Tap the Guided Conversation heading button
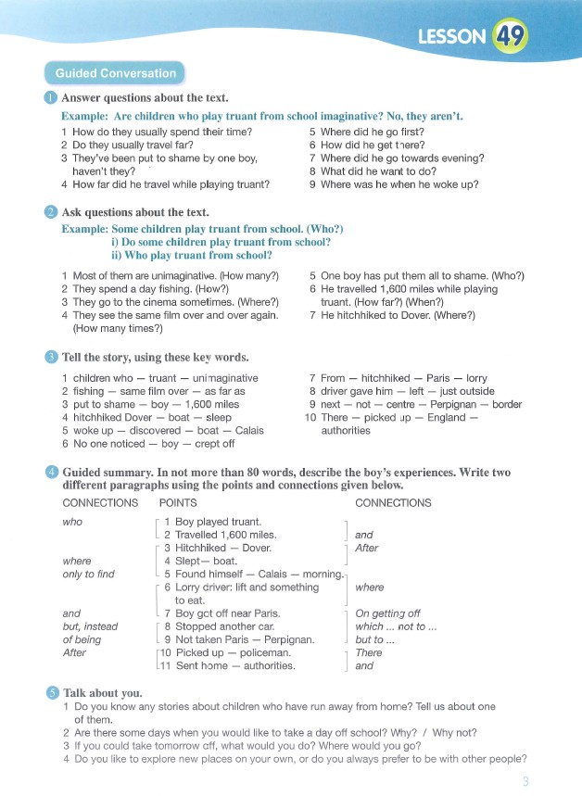click(x=116, y=73)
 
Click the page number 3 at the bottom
click(x=525, y=781)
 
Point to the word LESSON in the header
click(x=451, y=37)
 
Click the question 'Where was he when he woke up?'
click(x=399, y=184)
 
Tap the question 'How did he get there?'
click(x=371, y=145)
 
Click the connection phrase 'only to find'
click(x=88, y=574)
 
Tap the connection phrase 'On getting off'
click(x=387, y=613)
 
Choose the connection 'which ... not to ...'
click(x=396, y=626)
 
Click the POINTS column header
click(x=178, y=503)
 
